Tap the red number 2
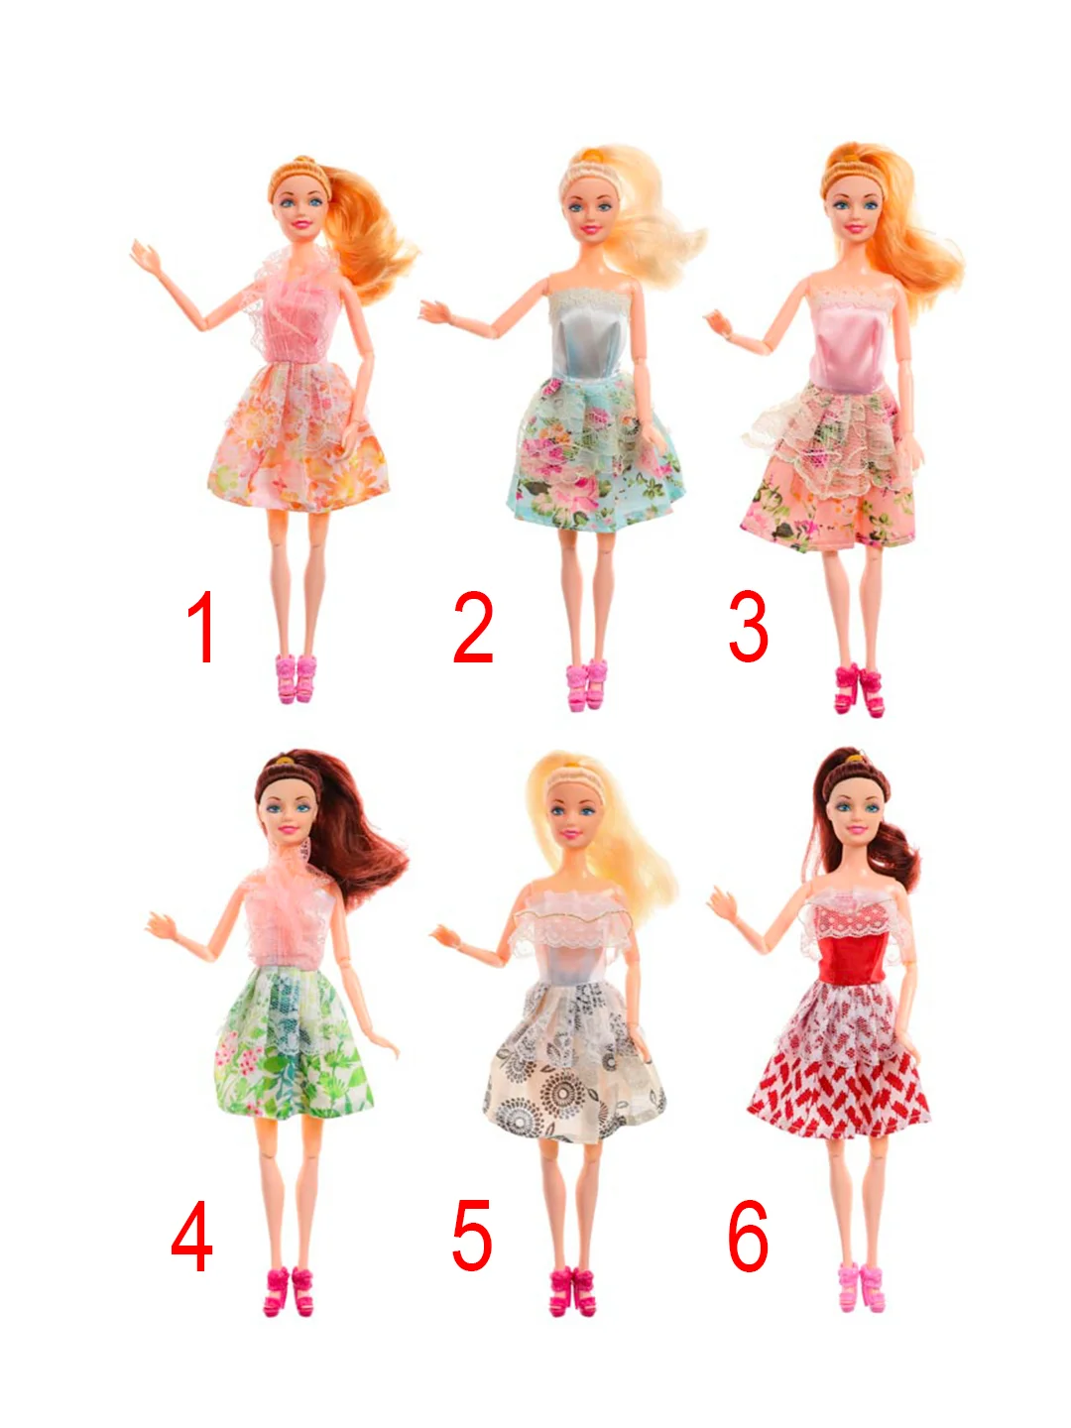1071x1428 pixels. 473,627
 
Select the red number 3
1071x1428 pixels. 749,627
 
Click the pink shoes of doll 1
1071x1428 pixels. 297,678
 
